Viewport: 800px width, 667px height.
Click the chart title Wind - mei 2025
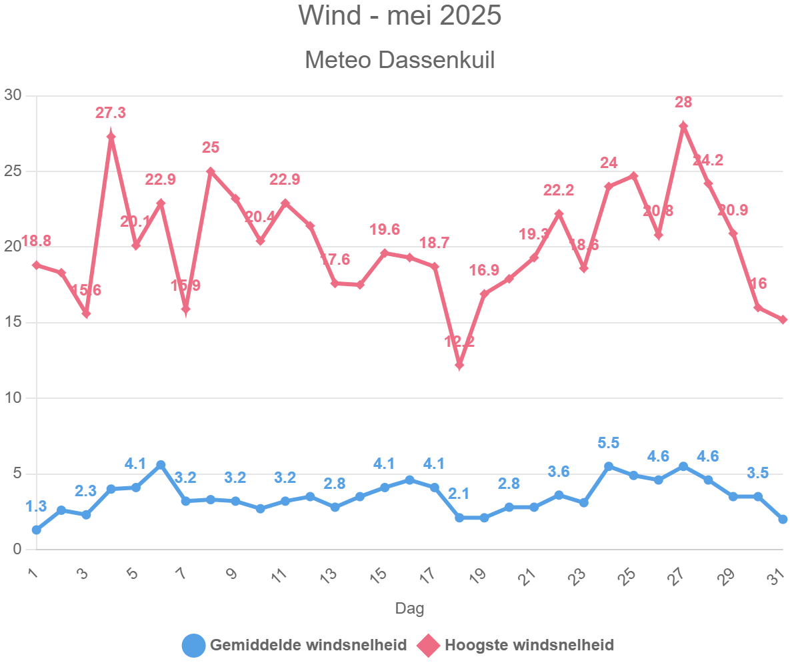pos(399,16)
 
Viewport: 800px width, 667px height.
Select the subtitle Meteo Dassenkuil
pos(399,60)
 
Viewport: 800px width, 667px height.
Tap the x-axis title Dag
pos(409,608)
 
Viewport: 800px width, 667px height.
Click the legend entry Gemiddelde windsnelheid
pos(308,645)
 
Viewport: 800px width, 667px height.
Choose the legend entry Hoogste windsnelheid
pos(529,645)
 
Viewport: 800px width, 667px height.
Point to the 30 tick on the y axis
pos(13,95)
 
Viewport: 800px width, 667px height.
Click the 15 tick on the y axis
pos(13,323)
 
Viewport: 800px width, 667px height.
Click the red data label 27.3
pos(111,113)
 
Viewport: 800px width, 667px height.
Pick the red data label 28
pos(683,103)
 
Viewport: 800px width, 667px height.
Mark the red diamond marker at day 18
pos(459,365)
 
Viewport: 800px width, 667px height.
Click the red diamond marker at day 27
pos(683,126)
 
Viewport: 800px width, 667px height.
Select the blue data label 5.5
pos(609,443)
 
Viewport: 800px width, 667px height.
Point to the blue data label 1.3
pos(36,507)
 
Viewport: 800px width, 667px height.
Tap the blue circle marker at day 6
pos(161,465)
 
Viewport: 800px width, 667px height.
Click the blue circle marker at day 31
pos(783,519)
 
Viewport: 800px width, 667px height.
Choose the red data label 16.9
pos(485,271)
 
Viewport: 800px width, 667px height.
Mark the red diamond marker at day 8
pos(211,171)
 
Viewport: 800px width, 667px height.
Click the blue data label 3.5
pos(758,474)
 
